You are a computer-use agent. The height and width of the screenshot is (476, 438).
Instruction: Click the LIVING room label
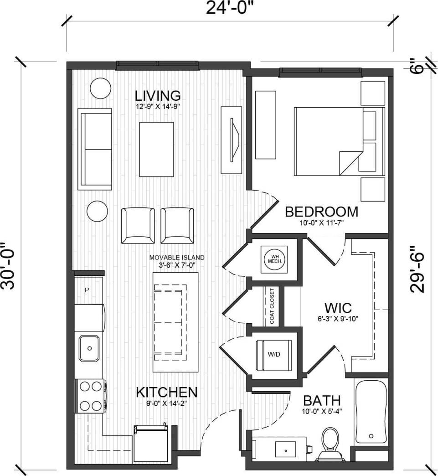click(x=158, y=96)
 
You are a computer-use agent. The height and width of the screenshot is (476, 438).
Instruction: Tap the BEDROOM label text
click(x=321, y=212)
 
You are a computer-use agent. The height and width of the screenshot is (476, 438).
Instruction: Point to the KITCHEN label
click(x=166, y=392)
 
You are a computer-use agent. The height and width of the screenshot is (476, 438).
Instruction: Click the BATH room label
click(x=322, y=401)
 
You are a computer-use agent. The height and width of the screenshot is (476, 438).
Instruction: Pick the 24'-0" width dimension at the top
click(x=230, y=8)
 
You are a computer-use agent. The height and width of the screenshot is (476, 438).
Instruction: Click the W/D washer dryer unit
click(x=274, y=354)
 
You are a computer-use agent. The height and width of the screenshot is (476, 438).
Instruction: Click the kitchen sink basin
click(x=90, y=348)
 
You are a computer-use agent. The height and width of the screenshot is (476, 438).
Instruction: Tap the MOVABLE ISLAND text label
click(x=177, y=258)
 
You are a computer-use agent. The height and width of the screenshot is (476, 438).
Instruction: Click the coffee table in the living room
click(x=156, y=149)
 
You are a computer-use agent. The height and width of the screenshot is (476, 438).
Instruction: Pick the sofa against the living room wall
click(x=95, y=149)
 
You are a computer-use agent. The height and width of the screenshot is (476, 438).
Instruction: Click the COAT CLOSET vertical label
click(x=272, y=306)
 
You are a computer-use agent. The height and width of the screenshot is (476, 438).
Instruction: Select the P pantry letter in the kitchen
click(x=87, y=290)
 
